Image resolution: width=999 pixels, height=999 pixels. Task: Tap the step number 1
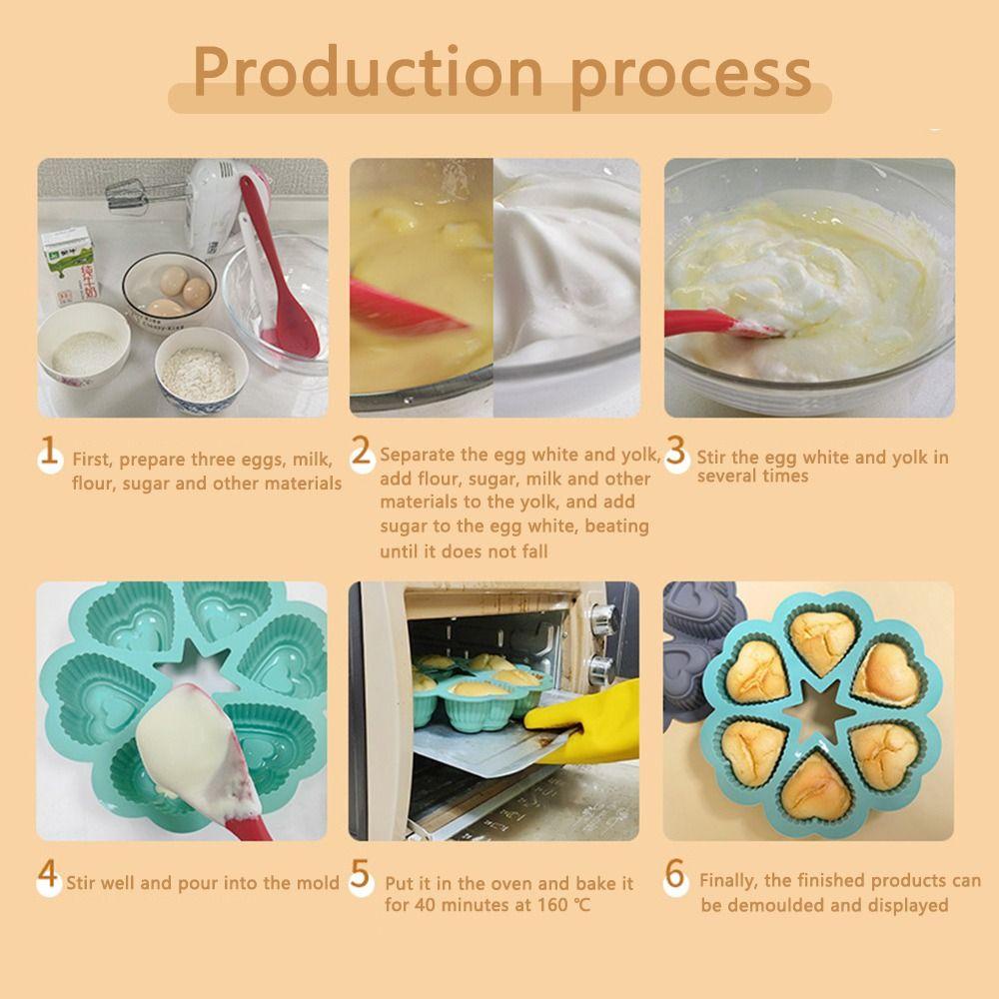pyautogui.click(x=47, y=453)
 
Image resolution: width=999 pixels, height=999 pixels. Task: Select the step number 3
pyautogui.click(x=676, y=452)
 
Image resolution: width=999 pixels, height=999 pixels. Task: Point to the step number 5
pyautogui.click(x=362, y=877)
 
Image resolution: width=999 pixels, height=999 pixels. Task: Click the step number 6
pyautogui.click(x=676, y=876)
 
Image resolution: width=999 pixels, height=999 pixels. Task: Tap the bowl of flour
pyautogui.click(x=200, y=370)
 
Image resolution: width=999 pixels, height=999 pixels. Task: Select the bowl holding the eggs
pyautogui.click(x=170, y=285)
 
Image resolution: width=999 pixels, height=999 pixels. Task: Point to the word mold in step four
pyautogui.click(x=318, y=883)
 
